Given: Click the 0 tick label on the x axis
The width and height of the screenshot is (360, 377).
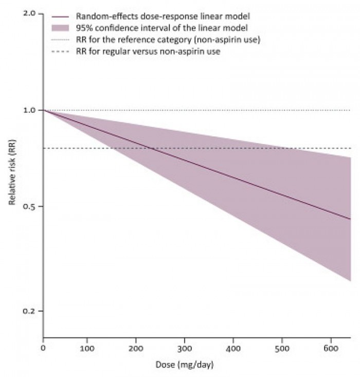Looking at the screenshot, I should [44, 349].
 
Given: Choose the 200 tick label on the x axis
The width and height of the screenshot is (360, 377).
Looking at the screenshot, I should [136, 349].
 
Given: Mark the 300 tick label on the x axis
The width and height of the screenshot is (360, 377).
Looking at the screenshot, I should [185, 349].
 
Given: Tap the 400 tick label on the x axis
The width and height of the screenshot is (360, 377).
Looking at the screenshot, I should [233, 349].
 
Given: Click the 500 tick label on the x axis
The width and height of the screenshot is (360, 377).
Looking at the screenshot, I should [282, 349].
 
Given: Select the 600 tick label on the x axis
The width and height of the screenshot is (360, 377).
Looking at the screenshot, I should [330, 349].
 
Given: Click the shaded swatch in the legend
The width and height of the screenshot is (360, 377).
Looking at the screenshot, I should [61, 27].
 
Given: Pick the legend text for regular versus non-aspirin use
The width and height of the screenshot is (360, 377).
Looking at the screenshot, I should [148, 51].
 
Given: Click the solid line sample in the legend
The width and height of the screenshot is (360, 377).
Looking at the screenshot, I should [61, 16].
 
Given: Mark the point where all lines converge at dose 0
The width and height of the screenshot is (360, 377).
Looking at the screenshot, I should [44, 110].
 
